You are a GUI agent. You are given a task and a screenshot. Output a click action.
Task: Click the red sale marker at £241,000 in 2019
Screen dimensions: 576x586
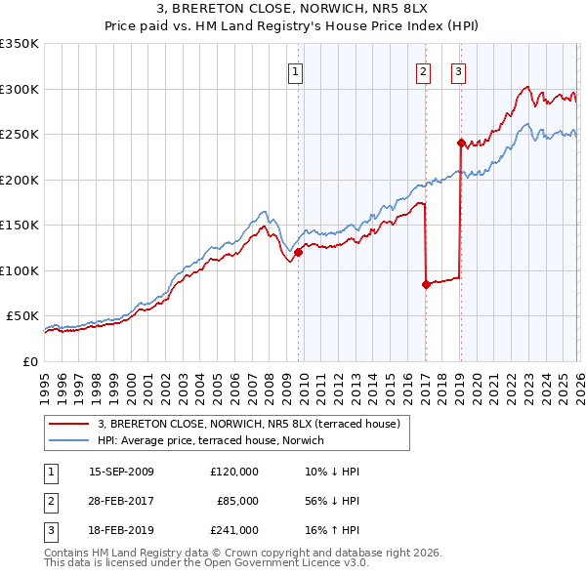(x=460, y=143)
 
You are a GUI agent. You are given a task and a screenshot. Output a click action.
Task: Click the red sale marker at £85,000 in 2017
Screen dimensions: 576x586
(x=426, y=285)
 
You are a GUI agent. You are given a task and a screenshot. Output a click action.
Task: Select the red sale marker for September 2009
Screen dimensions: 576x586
(x=298, y=252)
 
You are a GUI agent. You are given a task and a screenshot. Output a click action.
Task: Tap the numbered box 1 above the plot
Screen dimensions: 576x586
(x=295, y=70)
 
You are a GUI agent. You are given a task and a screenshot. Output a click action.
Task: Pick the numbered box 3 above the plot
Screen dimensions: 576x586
(x=458, y=70)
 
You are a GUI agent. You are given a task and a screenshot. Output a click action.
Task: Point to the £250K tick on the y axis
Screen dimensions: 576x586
(x=20, y=135)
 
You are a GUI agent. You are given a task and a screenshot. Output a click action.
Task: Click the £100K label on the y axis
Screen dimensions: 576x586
(x=20, y=270)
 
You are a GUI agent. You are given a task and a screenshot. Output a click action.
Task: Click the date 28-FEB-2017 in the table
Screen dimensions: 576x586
(x=122, y=501)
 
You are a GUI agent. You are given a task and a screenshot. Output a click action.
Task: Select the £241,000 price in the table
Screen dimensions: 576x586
(x=234, y=530)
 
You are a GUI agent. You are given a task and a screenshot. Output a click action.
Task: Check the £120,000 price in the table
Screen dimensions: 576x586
(x=234, y=472)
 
